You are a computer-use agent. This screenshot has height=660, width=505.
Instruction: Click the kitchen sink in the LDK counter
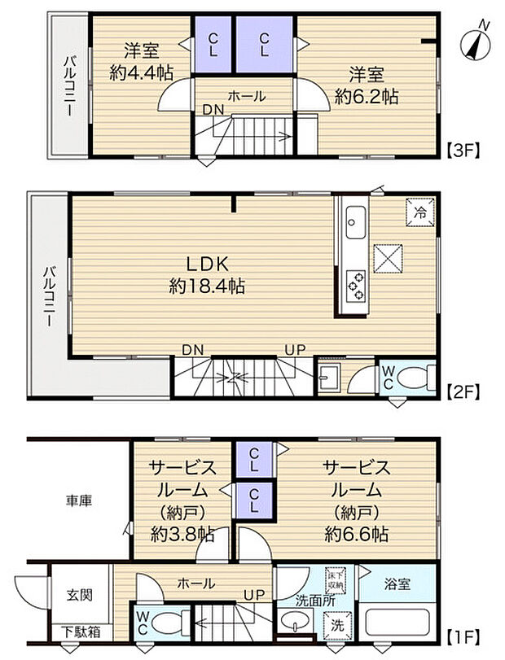click(356, 219)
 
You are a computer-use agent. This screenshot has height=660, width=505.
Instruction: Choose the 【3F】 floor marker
click(464, 150)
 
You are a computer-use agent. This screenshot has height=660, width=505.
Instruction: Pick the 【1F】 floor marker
click(464, 632)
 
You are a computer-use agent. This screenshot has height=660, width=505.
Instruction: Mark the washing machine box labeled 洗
click(336, 624)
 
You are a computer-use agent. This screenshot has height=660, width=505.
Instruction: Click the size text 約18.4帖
click(208, 286)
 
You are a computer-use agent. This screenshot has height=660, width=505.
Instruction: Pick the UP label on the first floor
click(257, 596)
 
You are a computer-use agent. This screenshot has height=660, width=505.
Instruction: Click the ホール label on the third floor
click(246, 96)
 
